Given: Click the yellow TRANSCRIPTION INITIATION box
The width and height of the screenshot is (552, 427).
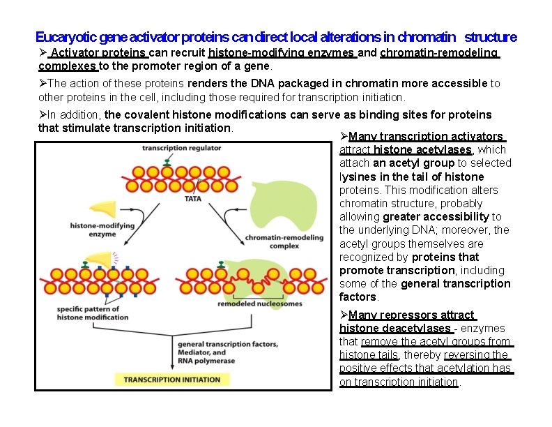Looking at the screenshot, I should coord(171,380).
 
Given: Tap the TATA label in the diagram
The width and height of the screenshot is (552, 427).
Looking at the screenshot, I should coord(193,198).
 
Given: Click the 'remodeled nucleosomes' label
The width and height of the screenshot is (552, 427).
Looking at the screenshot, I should coord(250,304).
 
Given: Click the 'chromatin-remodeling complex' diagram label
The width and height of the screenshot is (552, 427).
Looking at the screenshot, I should coord(284,241).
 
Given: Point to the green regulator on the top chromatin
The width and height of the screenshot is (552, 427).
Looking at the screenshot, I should coord(167,162).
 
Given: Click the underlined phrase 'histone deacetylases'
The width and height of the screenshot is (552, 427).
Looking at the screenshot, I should coord(394,328).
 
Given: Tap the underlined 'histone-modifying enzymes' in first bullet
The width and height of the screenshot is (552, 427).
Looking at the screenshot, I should coord(282,53).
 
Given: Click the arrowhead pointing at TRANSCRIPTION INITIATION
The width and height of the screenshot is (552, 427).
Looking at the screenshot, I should coord(172,368).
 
